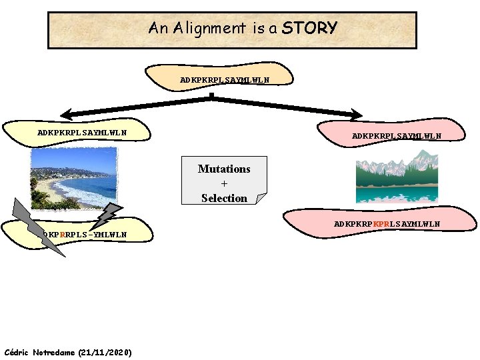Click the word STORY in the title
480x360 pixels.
pyautogui.click(x=309, y=28)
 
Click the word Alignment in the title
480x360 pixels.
pyautogui.click(x=208, y=28)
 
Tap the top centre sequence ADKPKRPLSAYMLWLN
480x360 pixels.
pyautogui.click(x=225, y=80)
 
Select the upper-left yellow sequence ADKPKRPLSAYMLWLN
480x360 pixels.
pyautogui.click(x=82, y=132)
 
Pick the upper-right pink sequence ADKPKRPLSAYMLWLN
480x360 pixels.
pyautogui.click(x=397, y=136)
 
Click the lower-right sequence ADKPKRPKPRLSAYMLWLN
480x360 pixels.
pyautogui.click(x=387, y=224)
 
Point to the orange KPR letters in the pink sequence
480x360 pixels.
pyautogui.click(x=382, y=224)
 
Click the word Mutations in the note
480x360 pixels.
pyautogui.click(x=224, y=169)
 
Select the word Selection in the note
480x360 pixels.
pyautogui.click(x=224, y=198)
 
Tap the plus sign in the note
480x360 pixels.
pyautogui.click(x=224, y=183)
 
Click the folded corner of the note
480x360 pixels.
pyautogui.click(x=261, y=198)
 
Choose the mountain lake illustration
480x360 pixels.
pyautogui.click(x=397, y=177)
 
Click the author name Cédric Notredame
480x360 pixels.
pyautogui.click(x=40, y=352)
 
